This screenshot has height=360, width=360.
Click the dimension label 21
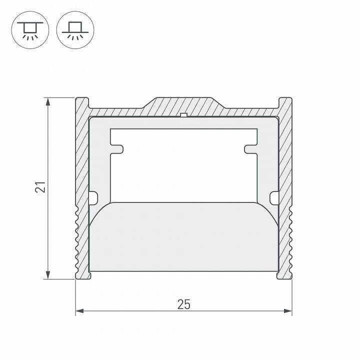42,187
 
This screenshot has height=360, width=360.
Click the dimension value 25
183,303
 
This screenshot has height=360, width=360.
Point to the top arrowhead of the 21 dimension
48,101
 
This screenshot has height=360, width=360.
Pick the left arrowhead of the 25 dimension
79,311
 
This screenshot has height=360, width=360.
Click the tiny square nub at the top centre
183,116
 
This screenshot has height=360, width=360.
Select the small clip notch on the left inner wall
92,198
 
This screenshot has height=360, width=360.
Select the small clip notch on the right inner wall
273,198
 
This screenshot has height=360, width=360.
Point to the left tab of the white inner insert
118,149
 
